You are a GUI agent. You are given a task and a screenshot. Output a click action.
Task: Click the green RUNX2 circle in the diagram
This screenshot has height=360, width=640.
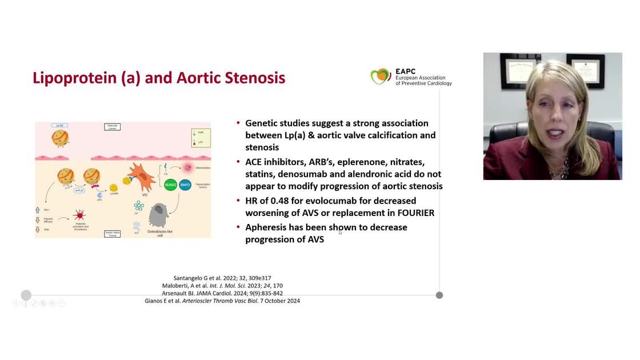[x=170, y=185]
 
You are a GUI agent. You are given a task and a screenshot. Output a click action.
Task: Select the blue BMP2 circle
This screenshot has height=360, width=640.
[x=185, y=185]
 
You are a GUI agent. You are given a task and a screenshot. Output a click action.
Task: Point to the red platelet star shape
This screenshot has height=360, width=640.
[x=79, y=215]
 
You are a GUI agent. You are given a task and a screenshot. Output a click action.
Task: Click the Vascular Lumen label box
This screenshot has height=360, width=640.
[x=113, y=126]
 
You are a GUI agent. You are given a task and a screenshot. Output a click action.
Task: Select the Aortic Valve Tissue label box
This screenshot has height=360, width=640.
[x=113, y=233]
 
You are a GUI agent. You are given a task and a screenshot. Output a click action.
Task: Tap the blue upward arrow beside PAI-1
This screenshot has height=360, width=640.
[x=38, y=210]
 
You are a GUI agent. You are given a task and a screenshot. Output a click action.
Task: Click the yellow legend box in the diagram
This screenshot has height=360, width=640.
[x=201, y=137]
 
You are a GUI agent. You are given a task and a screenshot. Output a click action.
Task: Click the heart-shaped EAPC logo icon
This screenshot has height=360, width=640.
[x=381, y=77]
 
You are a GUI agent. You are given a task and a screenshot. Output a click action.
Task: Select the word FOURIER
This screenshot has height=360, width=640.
[x=413, y=213]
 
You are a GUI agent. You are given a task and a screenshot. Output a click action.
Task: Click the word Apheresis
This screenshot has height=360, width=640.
[x=267, y=227]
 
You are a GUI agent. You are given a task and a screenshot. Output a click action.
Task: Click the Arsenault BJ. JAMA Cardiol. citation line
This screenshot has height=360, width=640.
[x=223, y=293]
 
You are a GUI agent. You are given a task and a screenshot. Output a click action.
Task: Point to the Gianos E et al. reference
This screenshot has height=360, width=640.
[x=222, y=301]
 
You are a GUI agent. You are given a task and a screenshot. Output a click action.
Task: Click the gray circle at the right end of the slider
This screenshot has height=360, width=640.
[x=439, y=295]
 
